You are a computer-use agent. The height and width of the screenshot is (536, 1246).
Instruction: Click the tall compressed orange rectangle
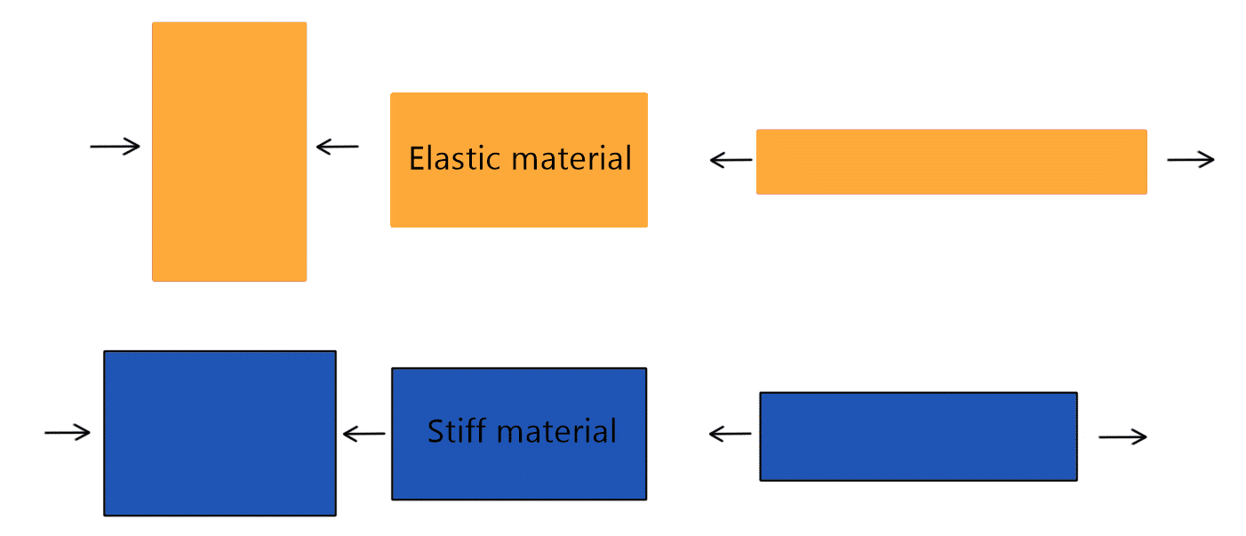click(229, 152)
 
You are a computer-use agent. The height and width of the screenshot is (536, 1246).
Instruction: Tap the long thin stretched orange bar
click(951, 162)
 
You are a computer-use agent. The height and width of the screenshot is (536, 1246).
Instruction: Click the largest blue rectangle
click(220, 433)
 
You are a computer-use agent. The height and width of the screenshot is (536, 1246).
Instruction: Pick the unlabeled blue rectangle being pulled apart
click(918, 436)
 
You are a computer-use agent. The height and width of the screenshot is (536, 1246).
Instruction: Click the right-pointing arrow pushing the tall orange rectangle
click(116, 147)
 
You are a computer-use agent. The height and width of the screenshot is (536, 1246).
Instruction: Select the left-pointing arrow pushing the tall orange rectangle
click(338, 147)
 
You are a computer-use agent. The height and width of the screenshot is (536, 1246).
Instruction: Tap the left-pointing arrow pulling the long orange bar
click(731, 161)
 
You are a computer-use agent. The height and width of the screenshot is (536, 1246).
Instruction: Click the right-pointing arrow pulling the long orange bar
click(1190, 160)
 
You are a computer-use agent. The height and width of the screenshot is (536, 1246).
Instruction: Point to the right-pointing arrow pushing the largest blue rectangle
click(68, 433)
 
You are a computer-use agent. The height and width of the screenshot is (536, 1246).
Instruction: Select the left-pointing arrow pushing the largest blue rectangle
click(363, 434)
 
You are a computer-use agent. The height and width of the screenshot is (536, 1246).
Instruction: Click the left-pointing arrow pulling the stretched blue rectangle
click(731, 434)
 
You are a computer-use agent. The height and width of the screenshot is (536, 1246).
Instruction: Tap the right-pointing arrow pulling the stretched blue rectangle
click(1122, 436)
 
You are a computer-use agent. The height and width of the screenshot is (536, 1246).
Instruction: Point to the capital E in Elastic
click(417, 159)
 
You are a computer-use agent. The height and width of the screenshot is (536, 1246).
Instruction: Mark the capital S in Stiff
click(436, 432)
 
